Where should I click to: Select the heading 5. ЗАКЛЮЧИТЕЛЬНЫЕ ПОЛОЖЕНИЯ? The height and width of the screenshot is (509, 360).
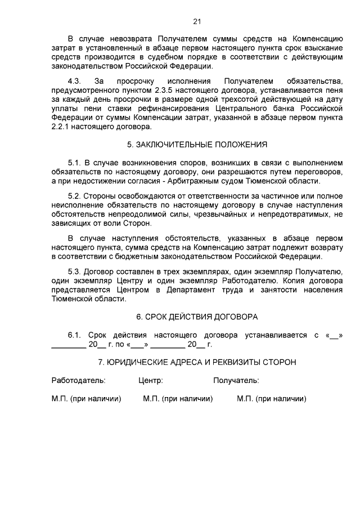click(x=197, y=145)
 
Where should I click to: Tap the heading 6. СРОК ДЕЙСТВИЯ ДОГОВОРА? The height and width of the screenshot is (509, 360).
click(x=197, y=316)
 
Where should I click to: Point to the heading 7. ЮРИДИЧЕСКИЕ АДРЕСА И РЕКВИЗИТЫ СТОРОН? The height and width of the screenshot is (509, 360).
click(x=197, y=362)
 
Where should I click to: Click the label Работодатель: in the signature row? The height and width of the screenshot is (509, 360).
click(x=78, y=380)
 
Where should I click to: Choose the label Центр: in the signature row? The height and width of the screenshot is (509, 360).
click(x=151, y=380)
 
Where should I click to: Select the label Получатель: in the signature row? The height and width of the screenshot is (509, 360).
click(x=236, y=380)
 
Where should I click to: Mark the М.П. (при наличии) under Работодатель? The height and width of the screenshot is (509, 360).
click(x=87, y=399)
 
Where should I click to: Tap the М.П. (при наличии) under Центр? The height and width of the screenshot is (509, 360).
click(x=178, y=399)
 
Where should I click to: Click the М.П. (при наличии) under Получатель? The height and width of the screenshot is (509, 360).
click(x=272, y=399)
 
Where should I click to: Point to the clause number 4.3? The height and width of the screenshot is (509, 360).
click(x=74, y=82)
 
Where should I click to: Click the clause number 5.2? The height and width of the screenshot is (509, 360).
click(x=75, y=196)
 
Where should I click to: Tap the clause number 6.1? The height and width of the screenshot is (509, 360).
click(x=75, y=335)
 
